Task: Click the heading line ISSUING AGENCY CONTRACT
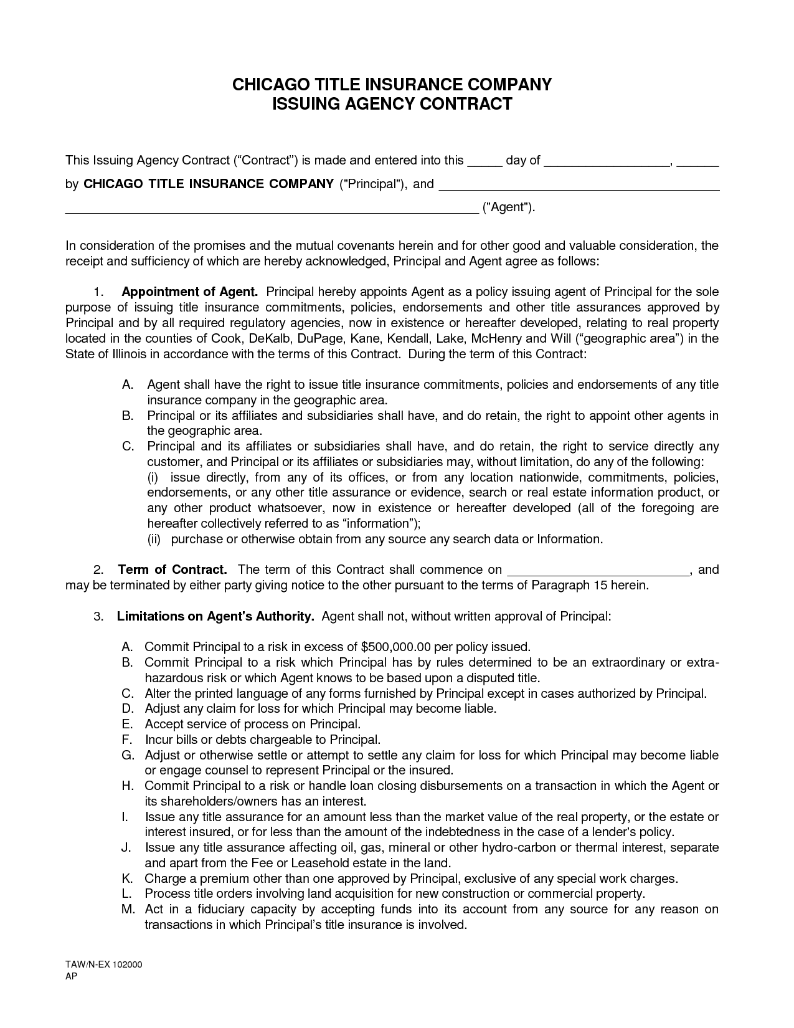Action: [x=392, y=104]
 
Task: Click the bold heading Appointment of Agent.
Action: [x=190, y=292]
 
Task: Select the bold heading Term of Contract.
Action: [x=172, y=570]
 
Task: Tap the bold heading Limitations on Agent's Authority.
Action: [x=215, y=617]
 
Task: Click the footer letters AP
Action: [x=71, y=977]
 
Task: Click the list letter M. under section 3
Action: [x=128, y=910]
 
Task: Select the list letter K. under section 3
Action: [x=128, y=878]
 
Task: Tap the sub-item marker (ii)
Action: [x=154, y=540]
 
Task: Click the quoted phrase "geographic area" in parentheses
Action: [x=628, y=339]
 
